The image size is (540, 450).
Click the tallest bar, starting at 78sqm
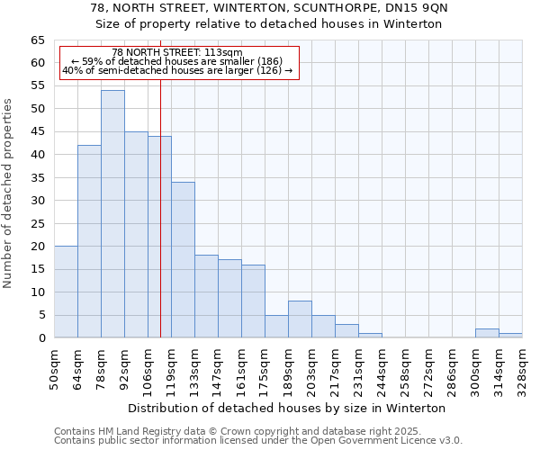[x=112, y=214]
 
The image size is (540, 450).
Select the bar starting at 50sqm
[x=66, y=292]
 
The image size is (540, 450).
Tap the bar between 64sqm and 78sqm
[x=89, y=241]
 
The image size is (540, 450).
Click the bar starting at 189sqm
[x=300, y=319]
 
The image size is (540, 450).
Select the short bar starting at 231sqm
[x=370, y=336]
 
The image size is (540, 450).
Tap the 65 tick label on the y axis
[x=37, y=40]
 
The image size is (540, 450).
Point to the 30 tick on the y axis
[x=37, y=201]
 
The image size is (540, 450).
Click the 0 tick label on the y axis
[x=40, y=338]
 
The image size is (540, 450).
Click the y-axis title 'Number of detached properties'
[x=8, y=193]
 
